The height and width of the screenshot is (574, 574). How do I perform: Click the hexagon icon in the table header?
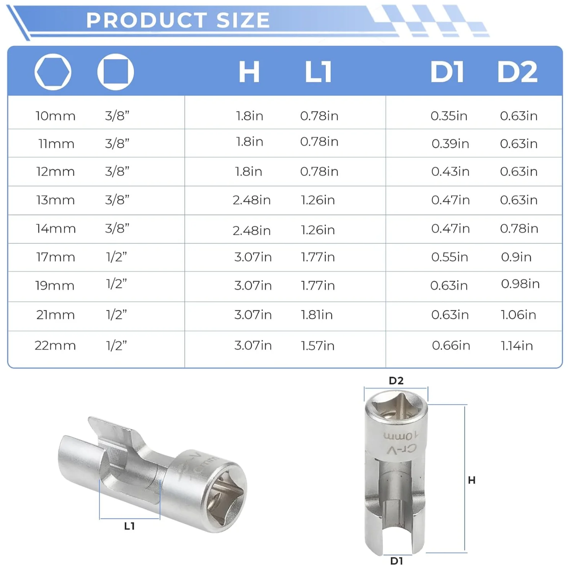[x=53, y=72]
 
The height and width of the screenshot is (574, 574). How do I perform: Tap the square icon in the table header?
[x=116, y=72]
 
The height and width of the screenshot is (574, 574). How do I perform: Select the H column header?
[x=249, y=72]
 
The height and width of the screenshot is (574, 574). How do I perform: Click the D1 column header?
[x=447, y=72]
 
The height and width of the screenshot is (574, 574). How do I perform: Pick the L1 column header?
[x=318, y=72]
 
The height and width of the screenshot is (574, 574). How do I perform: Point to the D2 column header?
[x=517, y=72]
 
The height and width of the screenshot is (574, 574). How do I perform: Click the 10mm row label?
[x=55, y=116]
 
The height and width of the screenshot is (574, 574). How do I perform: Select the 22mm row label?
[x=55, y=346]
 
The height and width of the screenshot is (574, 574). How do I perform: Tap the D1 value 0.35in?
[x=449, y=116]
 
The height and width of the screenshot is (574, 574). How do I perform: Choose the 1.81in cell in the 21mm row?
[x=316, y=315]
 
